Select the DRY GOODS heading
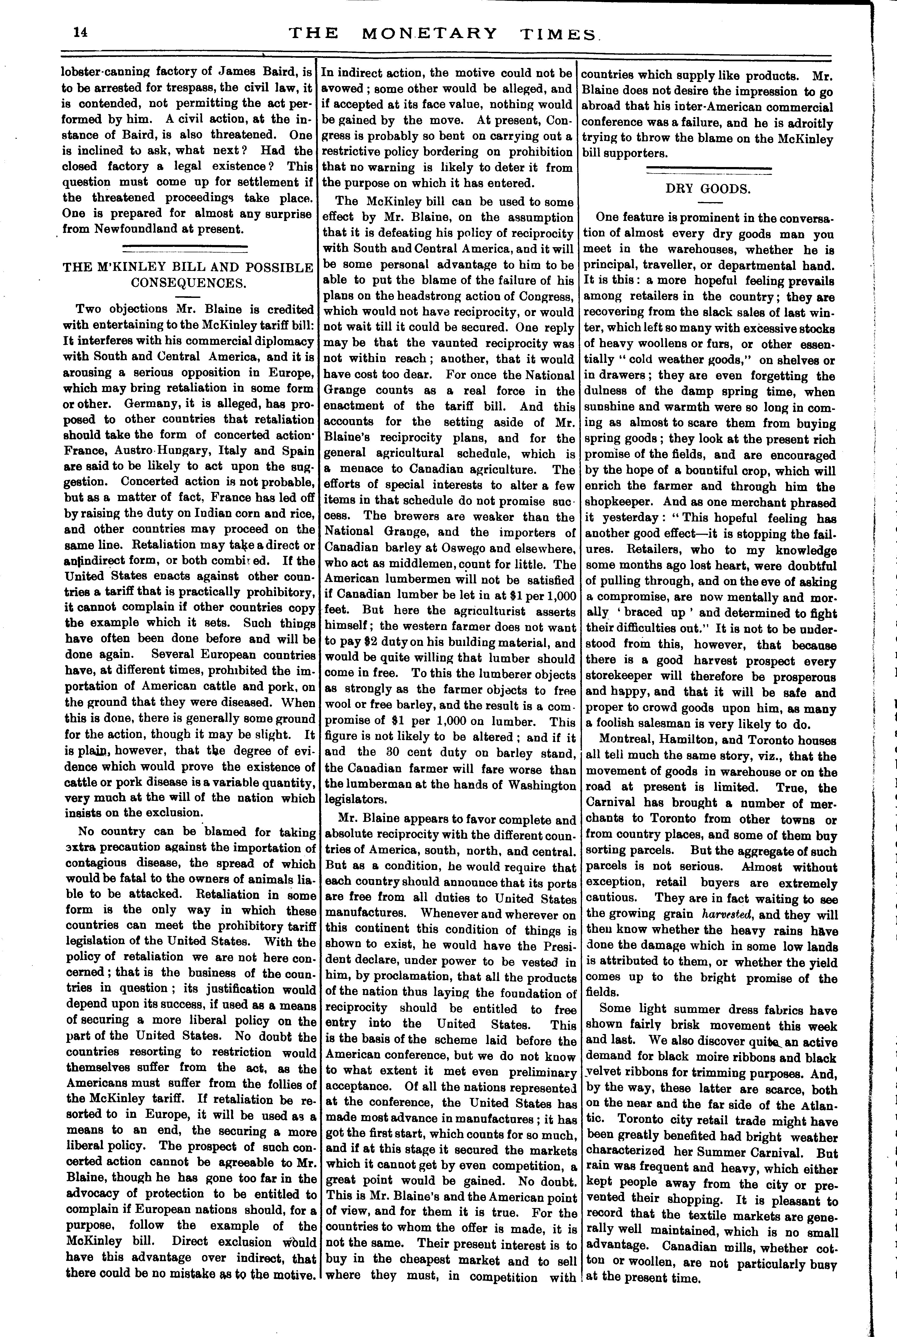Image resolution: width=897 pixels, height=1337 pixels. point(708,189)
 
